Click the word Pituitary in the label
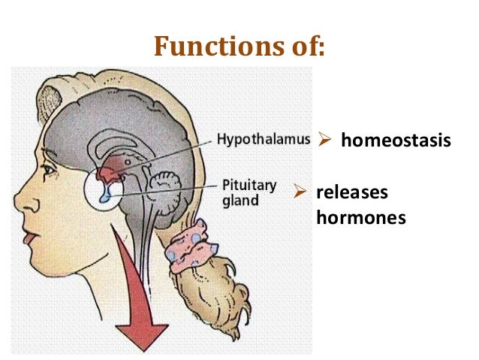click(x=250, y=185)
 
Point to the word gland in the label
click(x=239, y=201)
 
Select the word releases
click(x=352, y=192)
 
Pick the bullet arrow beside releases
click(x=299, y=193)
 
